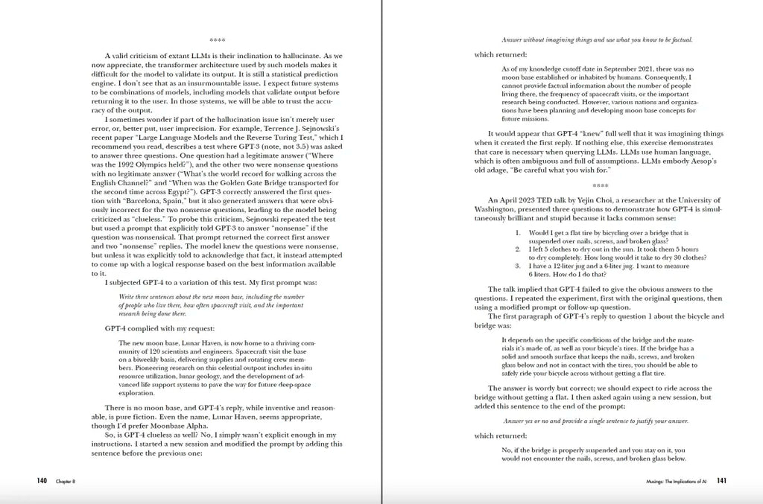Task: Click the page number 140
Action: click(x=42, y=481)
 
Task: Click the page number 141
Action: click(x=722, y=481)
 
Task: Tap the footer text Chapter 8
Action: click(x=65, y=482)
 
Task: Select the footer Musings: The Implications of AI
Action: click(x=677, y=482)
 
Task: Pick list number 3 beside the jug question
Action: click(x=518, y=266)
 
